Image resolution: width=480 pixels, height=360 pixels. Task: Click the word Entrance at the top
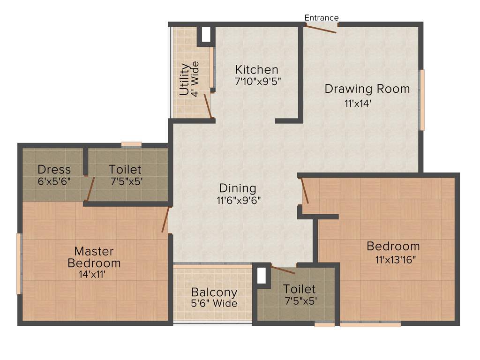tap(321, 18)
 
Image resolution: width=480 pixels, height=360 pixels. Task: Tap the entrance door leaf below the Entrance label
tap(320, 29)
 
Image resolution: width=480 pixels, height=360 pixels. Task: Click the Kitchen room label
tap(256, 69)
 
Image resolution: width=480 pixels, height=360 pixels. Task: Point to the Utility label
tap(185, 80)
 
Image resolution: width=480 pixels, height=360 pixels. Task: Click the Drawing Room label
tap(367, 88)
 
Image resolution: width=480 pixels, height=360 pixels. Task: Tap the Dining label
tap(238, 188)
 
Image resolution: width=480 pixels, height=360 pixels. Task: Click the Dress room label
tap(54, 169)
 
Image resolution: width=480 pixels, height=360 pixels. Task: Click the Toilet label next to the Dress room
tap(125, 169)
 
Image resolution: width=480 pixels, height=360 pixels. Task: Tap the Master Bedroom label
tap(94, 257)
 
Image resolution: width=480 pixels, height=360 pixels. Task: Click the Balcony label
tap(214, 292)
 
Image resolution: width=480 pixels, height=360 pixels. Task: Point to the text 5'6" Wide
tap(214, 303)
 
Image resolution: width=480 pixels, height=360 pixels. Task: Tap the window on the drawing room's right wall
tap(422, 100)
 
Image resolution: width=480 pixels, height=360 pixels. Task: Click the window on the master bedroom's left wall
tap(19, 263)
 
